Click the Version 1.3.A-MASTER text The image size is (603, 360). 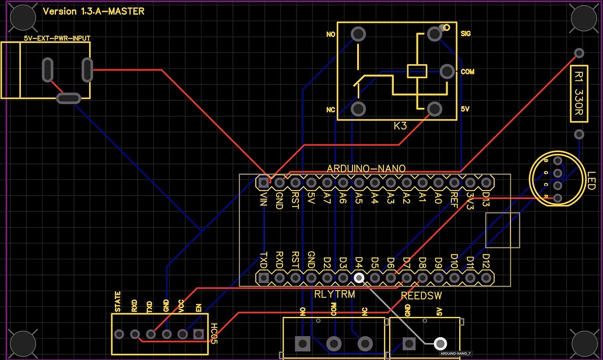pyautogui.click(x=94, y=11)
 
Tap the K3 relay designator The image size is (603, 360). pyautogui.click(x=400, y=126)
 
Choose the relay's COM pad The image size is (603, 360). pyautogui.click(x=447, y=72)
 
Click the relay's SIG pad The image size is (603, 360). pyautogui.click(x=434, y=34)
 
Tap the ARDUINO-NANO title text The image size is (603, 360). pyautogui.click(x=366, y=168)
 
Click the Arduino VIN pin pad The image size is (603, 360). pyautogui.click(x=263, y=182)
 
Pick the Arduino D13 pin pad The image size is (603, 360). pyautogui.click(x=486, y=182)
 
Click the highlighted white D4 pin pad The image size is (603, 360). pyautogui.click(x=359, y=278)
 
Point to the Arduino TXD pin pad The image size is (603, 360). pyautogui.click(x=263, y=278)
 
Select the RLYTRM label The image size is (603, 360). pyautogui.click(x=334, y=294)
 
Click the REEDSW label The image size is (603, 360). pyautogui.click(x=421, y=296)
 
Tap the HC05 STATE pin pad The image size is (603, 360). pyautogui.click(x=119, y=334)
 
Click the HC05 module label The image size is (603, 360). pyautogui.click(x=214, y=330)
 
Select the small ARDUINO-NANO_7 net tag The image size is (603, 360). pyautogui.click(x=456, y=353)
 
